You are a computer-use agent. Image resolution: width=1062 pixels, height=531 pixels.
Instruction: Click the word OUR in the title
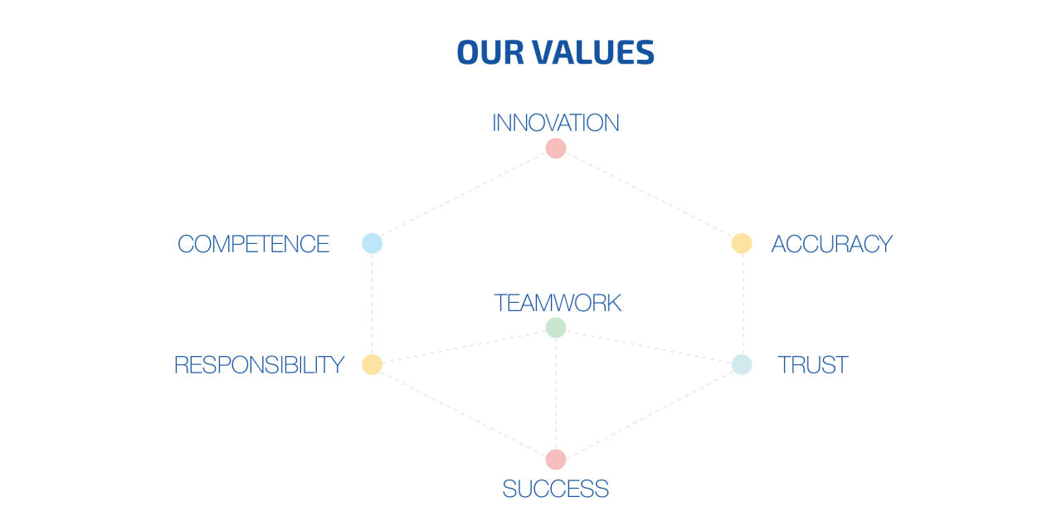(x=490, y=52)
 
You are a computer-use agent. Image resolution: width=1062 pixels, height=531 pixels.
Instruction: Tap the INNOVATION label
(x=556, y=123)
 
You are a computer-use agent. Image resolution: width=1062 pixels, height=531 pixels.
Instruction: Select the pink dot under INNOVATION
(x=556, y=149)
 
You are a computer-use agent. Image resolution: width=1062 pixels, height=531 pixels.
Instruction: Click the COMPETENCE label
(x=253, y=244)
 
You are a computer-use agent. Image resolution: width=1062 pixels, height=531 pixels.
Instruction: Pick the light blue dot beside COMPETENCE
(x=373, y=243)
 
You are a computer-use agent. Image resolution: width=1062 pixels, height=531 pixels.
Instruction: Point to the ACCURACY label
(x=831, y=244)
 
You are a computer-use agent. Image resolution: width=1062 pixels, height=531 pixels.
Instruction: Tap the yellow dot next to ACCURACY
(x=742, y=243)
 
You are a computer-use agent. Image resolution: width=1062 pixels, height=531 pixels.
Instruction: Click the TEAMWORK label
(x=558, y=303)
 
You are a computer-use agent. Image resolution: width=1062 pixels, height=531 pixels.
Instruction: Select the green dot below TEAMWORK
(x=556, y=328)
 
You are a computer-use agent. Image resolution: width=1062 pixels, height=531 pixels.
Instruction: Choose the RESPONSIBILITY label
(x=259, y=365)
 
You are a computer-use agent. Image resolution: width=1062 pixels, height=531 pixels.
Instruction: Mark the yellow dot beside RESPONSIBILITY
(x=373, y=364)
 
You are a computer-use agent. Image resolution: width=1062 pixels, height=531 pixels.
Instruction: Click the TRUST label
(x=812, y=365)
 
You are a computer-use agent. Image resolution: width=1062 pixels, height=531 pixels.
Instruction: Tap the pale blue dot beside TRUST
(x=742, y=364)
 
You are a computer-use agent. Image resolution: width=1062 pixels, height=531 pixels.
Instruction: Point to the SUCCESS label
(x=556, y=489)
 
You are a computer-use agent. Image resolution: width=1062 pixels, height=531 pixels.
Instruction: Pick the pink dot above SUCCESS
(x=556, y=460)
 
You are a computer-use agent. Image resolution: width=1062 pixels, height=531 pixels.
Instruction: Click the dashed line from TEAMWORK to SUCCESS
(x=556, y=393)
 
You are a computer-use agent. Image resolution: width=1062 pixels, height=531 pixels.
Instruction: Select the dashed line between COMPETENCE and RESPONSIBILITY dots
(x=373, y=304)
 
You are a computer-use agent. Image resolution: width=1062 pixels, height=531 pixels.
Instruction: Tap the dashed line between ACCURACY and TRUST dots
(x=743, y=304)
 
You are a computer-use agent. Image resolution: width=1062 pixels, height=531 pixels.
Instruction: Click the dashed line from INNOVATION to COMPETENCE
(x=464, y=196)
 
